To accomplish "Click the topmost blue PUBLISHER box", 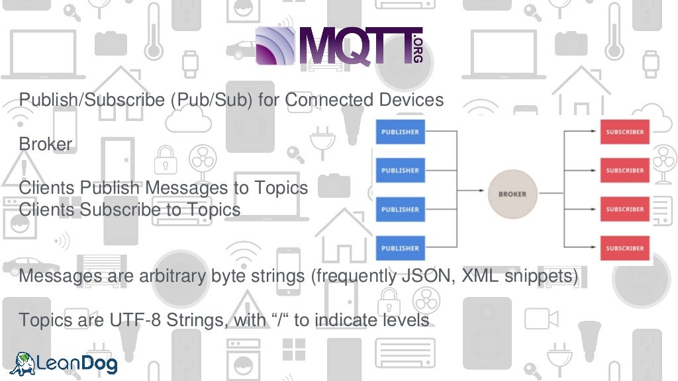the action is click(400, 132).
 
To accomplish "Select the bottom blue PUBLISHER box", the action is click(400, 248).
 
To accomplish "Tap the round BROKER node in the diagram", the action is click(512, 194).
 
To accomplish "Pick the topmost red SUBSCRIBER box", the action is click(624, 132).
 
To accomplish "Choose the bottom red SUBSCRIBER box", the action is click(624, 248).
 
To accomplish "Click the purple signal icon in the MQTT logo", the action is click(276, 46).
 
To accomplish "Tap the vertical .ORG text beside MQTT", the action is click(417, 48).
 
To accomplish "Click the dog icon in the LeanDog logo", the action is click(23, 362).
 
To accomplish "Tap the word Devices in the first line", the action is click(411, 100).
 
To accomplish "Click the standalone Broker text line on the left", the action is click(45, 144).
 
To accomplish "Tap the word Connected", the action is click(329, 100).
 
